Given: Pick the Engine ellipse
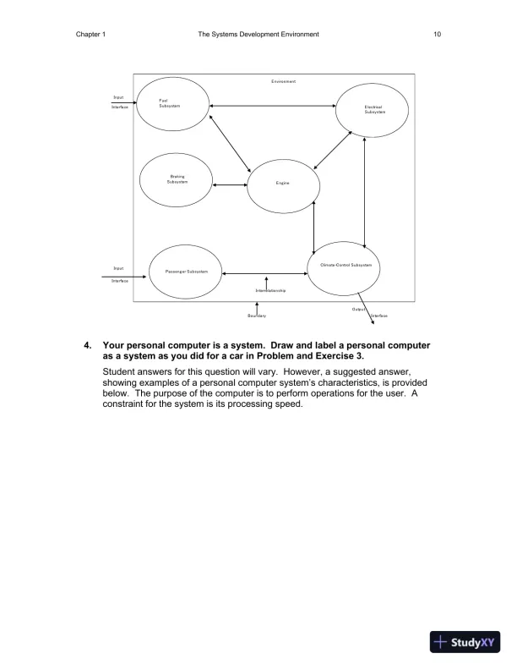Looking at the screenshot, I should [x=283, y=184].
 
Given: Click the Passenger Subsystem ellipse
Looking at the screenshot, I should [x=185, y=271].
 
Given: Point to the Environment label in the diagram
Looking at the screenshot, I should [x=283, y=81].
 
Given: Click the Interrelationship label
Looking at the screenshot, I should [x=270, y=290].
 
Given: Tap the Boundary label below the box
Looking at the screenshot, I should [x=257, y=316].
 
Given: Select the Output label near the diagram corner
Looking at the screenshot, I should [x=357, y=310].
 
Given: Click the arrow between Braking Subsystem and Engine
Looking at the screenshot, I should [x=231, y=184].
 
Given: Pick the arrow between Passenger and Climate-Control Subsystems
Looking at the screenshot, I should [x=265, y=272].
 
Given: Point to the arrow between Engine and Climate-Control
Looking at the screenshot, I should [x=313, y=228].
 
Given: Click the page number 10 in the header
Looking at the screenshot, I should [x=437, y=35].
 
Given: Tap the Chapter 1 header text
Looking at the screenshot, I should [x=90, y=35].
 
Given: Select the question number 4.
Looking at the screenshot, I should [x=87, y=345].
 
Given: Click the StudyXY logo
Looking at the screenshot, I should [x=464, y=642].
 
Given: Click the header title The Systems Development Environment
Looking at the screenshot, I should [x=258, y=35].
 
